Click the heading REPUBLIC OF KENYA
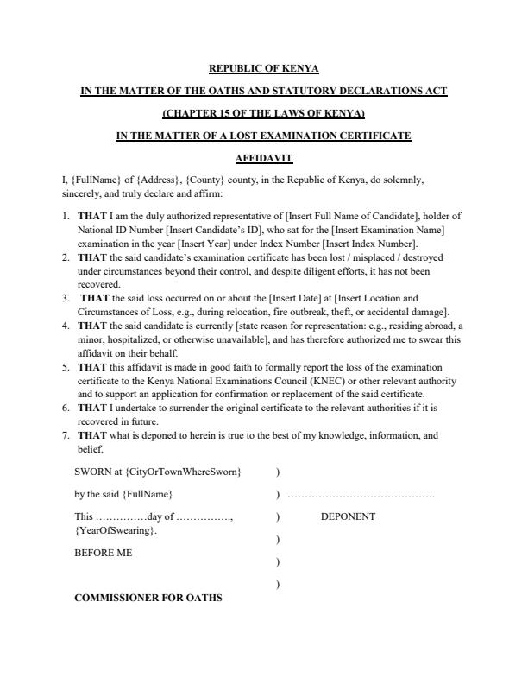[x=264, y=68]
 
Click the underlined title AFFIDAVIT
[x=264, y=158]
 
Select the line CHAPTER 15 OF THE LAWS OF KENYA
[x=264, y=113]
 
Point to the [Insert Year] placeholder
[x=199, y=244]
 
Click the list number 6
[x=66, y=405]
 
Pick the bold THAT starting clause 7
[x=92, y=436]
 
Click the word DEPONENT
[x=348, y=516]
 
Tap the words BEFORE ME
[x=104, y=553]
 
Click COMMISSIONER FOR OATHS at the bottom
[x=148, y=597]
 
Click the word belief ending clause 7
[x=91, y=449]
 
